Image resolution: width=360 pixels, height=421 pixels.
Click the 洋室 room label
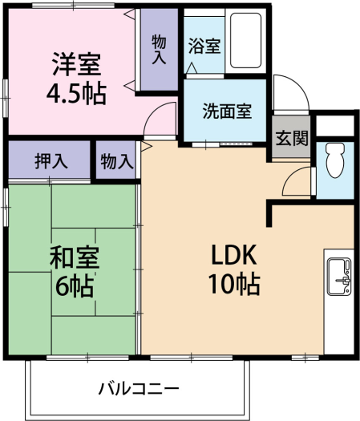click(77, 64)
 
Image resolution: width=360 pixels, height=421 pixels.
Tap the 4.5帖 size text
click(76, 95)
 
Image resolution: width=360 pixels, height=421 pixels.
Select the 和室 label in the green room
click(75, 257)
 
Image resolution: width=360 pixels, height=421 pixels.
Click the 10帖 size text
click(234, 284)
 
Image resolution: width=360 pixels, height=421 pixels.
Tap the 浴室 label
click(204, 46)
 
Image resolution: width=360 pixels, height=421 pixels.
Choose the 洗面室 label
click(227, 111)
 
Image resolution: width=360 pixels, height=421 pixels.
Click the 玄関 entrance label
click(292, 138)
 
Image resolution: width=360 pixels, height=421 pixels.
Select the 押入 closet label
click(51, 162)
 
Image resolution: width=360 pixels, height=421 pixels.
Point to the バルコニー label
click(139, 388)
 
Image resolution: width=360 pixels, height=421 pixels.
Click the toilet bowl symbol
click(335, 160)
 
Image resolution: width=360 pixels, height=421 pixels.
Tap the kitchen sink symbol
click(340, 277)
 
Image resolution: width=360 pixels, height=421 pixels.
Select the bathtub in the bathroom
click(245, 41)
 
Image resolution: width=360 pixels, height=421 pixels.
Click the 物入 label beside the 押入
click(117, 162)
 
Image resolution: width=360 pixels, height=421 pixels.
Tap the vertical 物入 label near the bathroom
click(159, 50)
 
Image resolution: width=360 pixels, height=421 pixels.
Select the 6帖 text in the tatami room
click(75, 286)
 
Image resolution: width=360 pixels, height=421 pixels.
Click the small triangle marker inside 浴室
click(192, 68)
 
